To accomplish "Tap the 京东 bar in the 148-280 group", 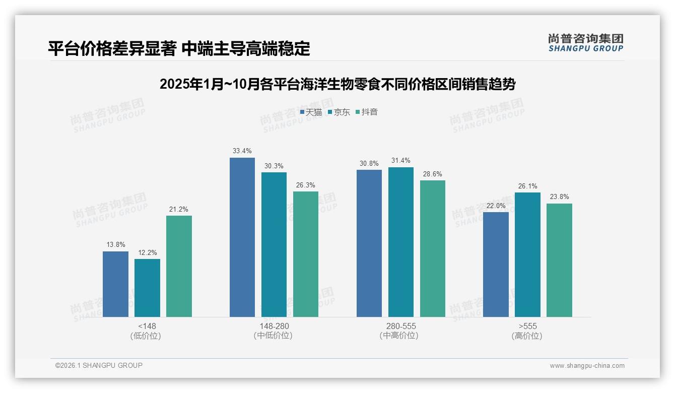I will (x=274, y=244).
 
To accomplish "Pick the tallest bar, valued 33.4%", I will (x=242, y=237).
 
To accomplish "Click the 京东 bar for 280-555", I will (x=401, y=242).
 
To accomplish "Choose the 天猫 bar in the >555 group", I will (x=496, y=265).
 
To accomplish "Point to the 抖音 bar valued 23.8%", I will (x=559, y=260).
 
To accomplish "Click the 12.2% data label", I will (x=147, y=252).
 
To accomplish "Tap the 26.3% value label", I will (x=306, y=185).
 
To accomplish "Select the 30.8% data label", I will (x=369, y=163).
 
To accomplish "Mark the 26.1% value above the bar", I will (x=527, y=186).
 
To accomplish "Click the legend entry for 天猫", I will (x=311, y=112).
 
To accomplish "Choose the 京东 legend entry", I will (x=339, y=112).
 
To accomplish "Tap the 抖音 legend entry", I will (x=367, y=112).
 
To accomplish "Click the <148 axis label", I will (x=147, y=326).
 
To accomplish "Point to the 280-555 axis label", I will (x=401, y=326).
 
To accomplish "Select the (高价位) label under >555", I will (x=527, y=336).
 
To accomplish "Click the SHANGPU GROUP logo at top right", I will (x=585, y=43).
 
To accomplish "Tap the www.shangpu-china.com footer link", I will (x=587, y=365).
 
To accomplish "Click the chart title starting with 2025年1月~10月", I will (x=337, y=84).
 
